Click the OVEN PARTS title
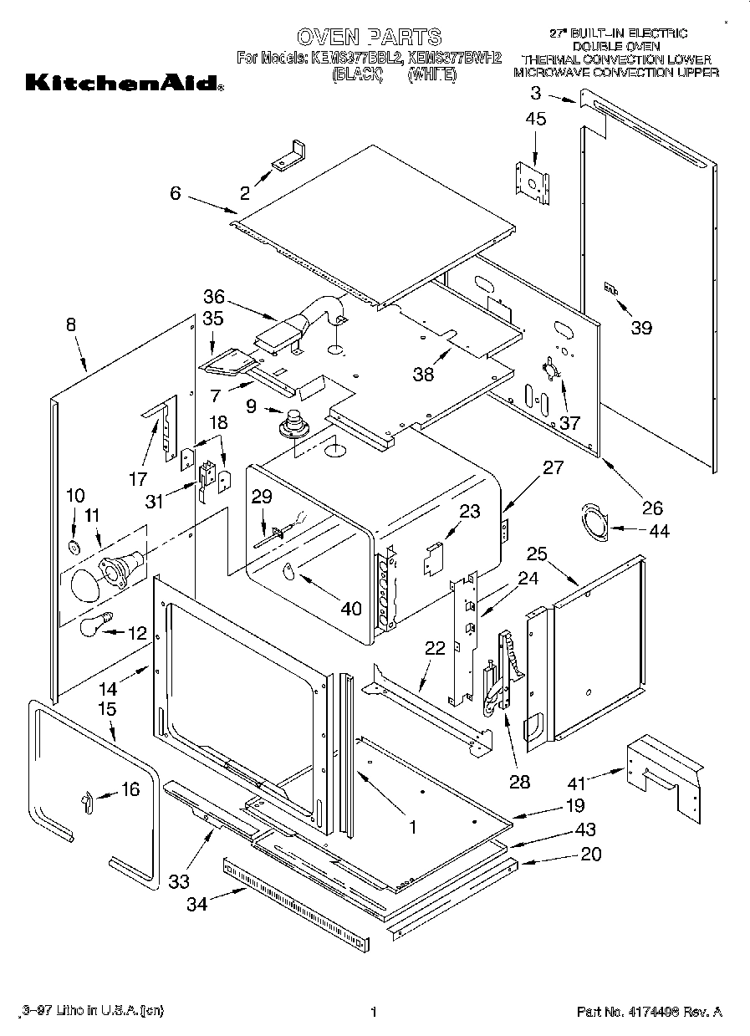(369, 36)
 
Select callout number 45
(536, 120)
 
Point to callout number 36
(214, 296)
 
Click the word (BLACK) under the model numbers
(356, 74)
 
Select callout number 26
(651, 508)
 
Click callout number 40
(351, 608)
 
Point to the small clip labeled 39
(611, 289)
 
